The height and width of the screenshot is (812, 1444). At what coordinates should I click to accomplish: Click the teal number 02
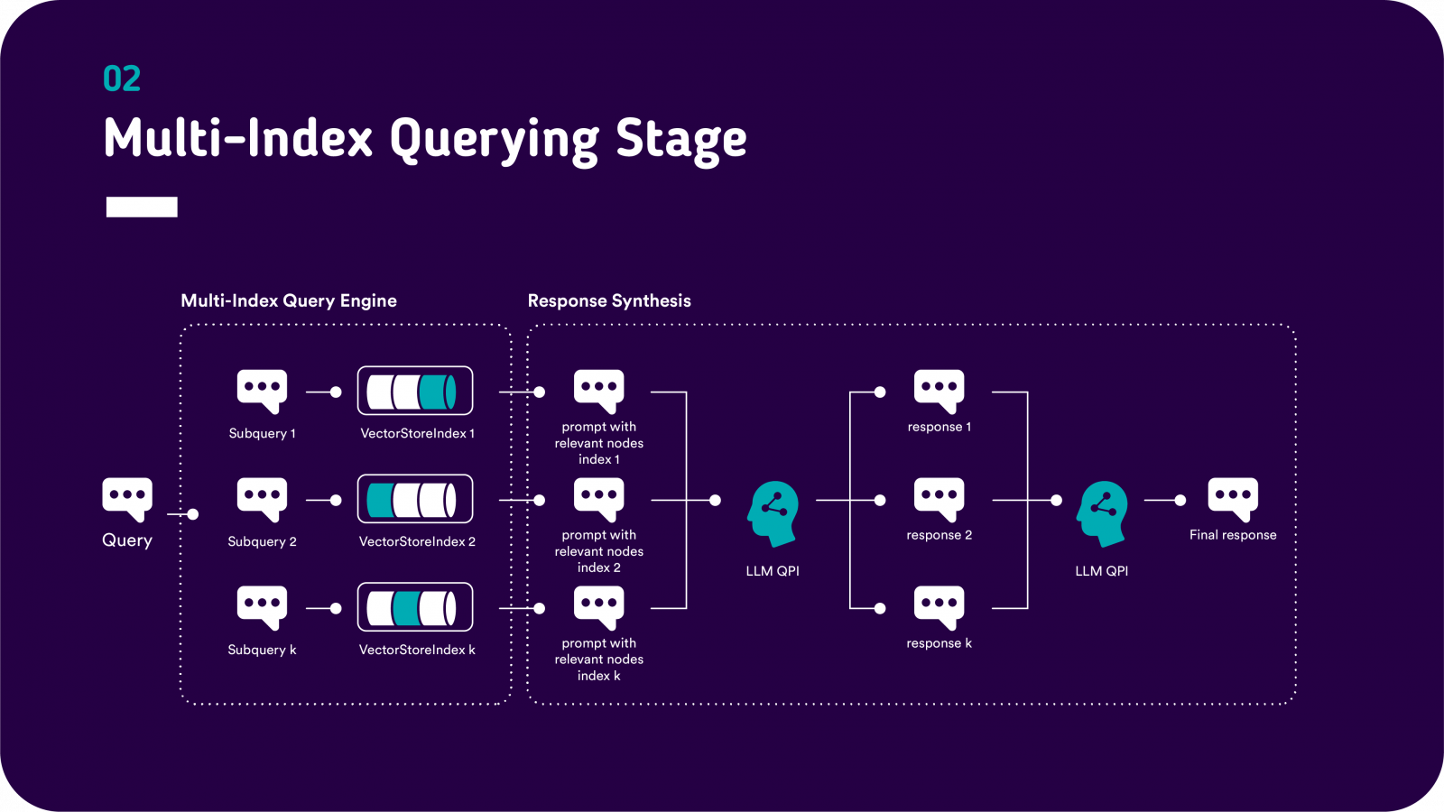[x=122, y=79]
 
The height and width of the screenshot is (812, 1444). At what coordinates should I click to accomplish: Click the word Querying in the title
[x=494, y=141]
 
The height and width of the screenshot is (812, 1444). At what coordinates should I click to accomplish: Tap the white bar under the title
[x=142, y=207]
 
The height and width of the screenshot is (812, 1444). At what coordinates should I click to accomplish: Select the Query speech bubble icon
[x=127, y=498]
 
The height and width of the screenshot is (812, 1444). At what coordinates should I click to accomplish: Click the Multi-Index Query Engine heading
[x=289, y=300]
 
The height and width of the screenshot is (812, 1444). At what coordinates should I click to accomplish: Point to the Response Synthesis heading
[x=609, y=300]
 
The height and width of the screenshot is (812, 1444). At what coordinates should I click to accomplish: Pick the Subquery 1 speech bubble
[x=262, y=390]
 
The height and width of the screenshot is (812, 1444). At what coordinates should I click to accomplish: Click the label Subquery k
[x=262, y=650]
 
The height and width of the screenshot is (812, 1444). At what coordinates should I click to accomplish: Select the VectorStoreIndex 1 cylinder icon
[x=415, y=392]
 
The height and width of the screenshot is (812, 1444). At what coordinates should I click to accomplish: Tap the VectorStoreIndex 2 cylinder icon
[x=415, y=500]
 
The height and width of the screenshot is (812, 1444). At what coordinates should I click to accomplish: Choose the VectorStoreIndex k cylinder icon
[x=415, y=608]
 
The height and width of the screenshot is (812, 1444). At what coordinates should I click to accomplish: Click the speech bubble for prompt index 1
[x=599, y=390]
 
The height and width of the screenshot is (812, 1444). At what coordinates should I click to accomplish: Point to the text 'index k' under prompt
[x=599, y=676]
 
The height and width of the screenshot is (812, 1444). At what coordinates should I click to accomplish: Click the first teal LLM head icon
[x=773, y=512]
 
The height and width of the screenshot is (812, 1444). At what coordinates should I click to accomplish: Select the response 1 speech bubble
[x=940, y=390]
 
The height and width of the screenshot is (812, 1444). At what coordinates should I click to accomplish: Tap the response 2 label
[x=940, y=535]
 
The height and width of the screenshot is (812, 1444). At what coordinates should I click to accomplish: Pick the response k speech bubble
[x=940, y=606]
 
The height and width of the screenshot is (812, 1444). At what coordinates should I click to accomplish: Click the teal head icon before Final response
[x=1102, y=512]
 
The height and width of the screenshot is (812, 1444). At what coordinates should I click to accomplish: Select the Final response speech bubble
[x=1233, y=498]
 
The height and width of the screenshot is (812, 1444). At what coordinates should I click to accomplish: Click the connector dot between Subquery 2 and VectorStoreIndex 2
[x=336, y=500]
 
